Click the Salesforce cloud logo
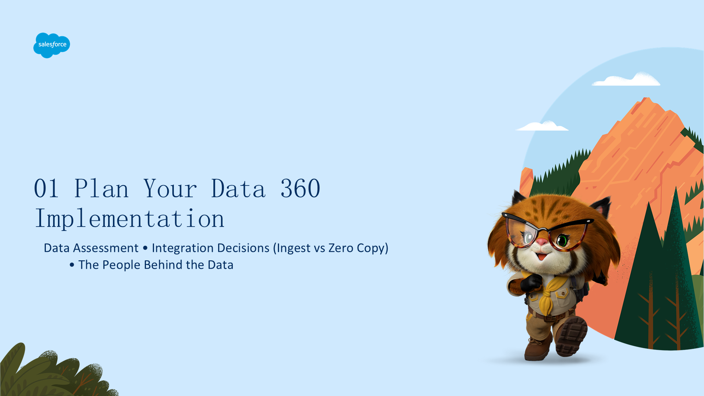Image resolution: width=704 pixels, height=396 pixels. (x=52, y=45)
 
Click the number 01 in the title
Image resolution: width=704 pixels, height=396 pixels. (x=46, y=189)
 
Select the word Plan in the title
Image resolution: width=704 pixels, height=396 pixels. (x=101, y=188)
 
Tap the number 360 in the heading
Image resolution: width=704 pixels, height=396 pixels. (x=300, y=189)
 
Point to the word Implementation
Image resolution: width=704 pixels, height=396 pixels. (x=129, y=219)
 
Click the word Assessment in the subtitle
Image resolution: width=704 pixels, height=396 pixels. (x=106, y=248)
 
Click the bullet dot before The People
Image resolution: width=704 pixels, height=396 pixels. (x=72, y=265)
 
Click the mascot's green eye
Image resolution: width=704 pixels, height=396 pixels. (x=562, y=241)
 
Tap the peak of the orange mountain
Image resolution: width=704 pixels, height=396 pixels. (x=646, y=98)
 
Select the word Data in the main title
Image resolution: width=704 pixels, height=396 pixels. (x=238, y=189)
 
